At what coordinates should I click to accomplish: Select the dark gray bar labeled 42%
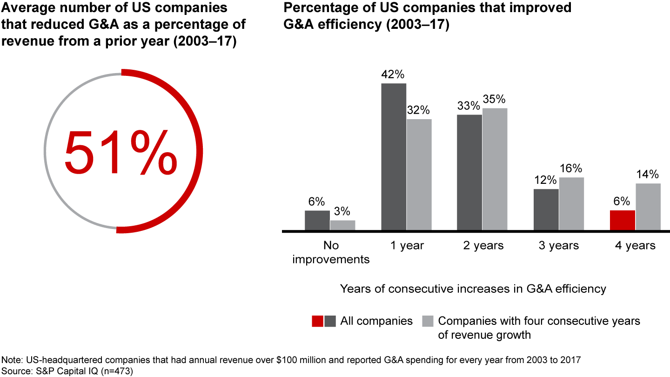pyautogui.click(x=394, y=157)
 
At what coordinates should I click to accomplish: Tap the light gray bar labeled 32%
pyautogui.click(x=419, y=175)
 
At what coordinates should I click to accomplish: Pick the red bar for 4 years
pyautogui.click(x=622, y=220)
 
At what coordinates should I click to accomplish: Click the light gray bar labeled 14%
pyautogui.click(x=648, y=207)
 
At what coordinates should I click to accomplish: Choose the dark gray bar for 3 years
pyautogui.click(x=546, y=209)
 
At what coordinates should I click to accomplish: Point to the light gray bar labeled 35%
pyautogui.click(x=495, y=169)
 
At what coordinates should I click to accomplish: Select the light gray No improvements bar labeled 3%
pyautogui.click(x=342, y=225)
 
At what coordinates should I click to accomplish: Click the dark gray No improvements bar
pyautogui.click(x=317, y=220)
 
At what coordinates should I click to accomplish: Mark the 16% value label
pyautogui.click(x=571, y=168)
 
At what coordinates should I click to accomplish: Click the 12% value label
pyautogui.click(x=545, y=180)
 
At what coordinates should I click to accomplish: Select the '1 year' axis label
pyautogui.click(x=406, y=245)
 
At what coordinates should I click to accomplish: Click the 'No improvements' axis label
pyautogui.click(x=331, y=252)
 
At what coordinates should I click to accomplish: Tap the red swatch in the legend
pyautogui.click(x=318, y=321)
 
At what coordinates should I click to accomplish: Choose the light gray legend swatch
pyautogui.click(x=427, y=321)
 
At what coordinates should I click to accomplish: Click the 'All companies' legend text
pyautogui.click(x=376, y=321)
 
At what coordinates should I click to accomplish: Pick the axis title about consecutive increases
pyautogui.click(x=473, y=289)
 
